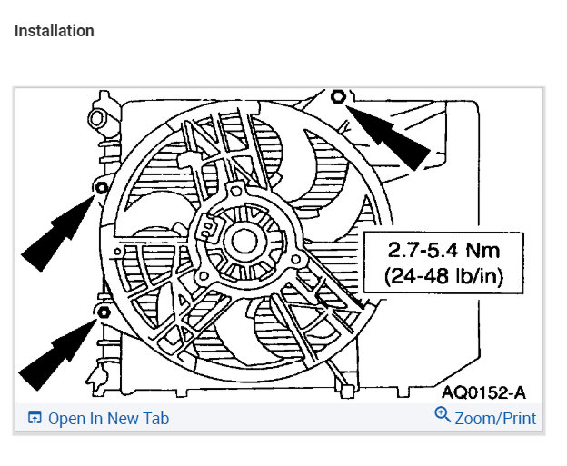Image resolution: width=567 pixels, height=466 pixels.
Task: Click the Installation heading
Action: point(55,31)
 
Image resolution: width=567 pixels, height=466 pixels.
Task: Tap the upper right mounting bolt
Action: point(338,96)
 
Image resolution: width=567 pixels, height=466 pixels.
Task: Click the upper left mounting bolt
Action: point(102,188)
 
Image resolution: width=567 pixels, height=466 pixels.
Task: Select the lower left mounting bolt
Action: point(104,312)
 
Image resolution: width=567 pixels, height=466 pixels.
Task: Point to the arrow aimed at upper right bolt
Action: point(388,137)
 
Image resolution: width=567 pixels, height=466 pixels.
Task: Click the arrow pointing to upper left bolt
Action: point(58,233)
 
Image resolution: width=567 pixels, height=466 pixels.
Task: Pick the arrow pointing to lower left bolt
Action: point(57,354)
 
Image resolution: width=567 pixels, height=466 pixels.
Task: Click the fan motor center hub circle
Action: point(244,242)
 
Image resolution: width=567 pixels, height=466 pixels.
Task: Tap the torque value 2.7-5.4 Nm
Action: point(443,250)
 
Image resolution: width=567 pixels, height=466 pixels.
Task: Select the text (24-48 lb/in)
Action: point(443,276)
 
